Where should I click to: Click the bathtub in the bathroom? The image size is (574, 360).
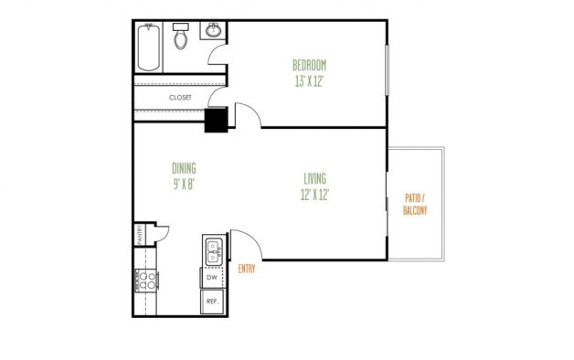[x=149, y=48]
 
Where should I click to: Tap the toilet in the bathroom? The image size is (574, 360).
[x=180, y=36]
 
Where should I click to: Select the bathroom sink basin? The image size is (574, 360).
[x=213, y=30]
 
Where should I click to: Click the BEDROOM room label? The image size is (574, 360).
[x=309, y=65]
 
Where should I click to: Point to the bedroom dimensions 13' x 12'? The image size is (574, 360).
[x=309, y=81]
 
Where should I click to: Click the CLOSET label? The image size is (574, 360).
[x=180, y=98]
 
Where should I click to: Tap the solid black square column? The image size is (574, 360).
[x=216, y=120]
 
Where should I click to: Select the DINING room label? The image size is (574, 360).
[x=184, y=168]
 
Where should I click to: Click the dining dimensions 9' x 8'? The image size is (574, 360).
[x=184, y=184]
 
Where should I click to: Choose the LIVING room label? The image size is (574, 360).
[x=314, y=178]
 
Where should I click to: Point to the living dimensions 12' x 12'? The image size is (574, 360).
[x=314, y=195]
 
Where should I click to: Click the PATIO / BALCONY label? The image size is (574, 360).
[x=415, y=204]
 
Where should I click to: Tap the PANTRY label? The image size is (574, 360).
[x=140, y=234]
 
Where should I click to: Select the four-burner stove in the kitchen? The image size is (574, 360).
[x=146, y=281]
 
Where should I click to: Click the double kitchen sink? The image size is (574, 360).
[x=213, y=251]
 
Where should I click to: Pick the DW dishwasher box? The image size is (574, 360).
[x=212, y=278]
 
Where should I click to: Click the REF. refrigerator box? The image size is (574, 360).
[x=212, y=302]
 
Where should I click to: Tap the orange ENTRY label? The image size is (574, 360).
[x=247, y=269]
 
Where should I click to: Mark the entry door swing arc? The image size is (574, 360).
[x=253, y=238]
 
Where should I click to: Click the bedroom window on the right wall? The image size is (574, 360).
[x=387, y=70]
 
